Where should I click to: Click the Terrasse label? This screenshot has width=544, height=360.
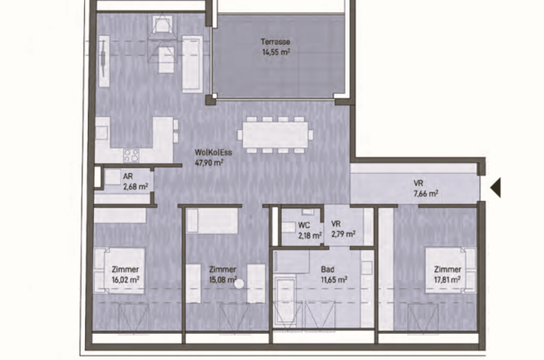(276, 42)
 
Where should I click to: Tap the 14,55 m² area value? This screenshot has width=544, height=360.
(276, 53)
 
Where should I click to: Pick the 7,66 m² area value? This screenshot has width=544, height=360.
(426, 194)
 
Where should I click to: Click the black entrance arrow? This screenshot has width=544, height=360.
(495, 187)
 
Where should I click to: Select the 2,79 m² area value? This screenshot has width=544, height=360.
(342, 235)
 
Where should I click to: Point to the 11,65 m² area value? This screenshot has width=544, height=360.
(333, 280)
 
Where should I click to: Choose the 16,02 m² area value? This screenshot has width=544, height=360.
(125, 281)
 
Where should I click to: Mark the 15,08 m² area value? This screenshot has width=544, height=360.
(224, 281)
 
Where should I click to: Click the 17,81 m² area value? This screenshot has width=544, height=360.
(447, 281)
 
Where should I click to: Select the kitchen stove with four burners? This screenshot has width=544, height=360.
(132, 155)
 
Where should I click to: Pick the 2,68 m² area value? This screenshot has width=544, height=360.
(136, 185)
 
